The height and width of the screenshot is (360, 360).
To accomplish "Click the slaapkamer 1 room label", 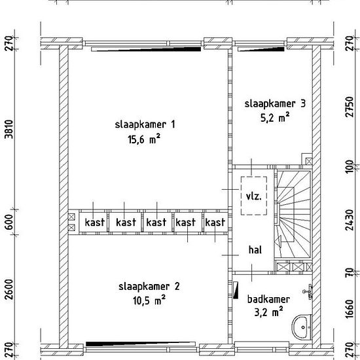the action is pyautogui.click(x=145, y=124).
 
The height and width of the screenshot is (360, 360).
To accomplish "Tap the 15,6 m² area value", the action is pyautogui.click(x=144, y=139).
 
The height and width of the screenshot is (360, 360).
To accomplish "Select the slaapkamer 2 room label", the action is pyautogui.click(x=149, y=287).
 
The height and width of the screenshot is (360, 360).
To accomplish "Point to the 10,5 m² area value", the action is pyautogui.click(x=149, y=300).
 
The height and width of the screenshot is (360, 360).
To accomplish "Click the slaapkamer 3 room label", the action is pyautogui.click(x=275, y=103).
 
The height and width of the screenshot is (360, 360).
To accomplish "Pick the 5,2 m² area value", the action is pyautogui.click(x=275, y=118).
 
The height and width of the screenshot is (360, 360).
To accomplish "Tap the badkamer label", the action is pyautogui.click(x=268, y=299).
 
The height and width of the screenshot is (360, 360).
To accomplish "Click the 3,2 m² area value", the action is pyautogui.click(x=268, y=312).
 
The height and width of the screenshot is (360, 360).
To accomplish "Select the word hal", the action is pyautogui.click(x=255, y=250).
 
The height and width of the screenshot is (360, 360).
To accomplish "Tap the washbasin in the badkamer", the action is pyautogui.click(x=301, y=327).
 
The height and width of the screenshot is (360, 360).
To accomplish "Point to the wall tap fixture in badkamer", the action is pyautogui.click(x=308, y=291).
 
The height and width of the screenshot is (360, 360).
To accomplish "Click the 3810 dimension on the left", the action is pyautogui.click(x=10, y=129).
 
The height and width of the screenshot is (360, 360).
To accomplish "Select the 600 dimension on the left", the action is pyautogui.click(x=10, y=223).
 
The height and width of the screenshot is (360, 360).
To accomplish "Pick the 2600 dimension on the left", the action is pyautogui.click(x=10, y=289).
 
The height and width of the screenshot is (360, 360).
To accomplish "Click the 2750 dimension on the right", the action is pyautogui.click(x=350, y=107).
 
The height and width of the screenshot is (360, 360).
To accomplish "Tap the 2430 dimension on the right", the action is pyautogui.click(x=350, y=220).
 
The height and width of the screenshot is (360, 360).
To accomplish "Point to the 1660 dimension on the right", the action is pyautogui.click(x=350, y=309).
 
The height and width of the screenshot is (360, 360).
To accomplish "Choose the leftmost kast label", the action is pyautogui.click(x=95, y=223).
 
